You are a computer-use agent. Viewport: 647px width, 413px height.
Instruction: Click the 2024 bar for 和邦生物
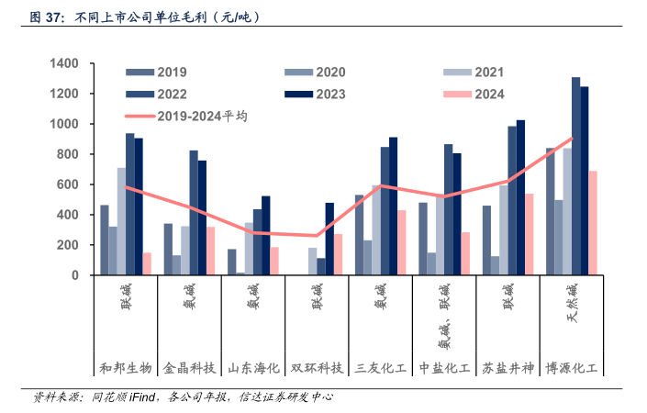[x=147, y=264]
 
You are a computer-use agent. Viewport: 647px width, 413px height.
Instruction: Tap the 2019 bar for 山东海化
[x=232, y=262]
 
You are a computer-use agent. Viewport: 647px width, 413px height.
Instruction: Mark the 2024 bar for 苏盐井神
[x=529, y=235]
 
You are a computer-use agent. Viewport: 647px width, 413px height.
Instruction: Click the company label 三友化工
[x=381, y=368]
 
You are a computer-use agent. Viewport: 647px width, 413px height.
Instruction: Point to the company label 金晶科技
[x=190, y=368]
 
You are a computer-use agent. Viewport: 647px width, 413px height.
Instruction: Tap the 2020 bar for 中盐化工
[x=431, y=264]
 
